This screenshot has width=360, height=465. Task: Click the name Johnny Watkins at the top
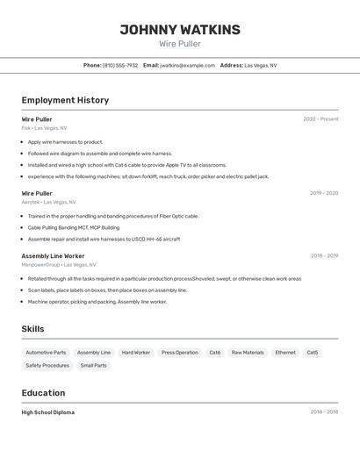tap(180, 30)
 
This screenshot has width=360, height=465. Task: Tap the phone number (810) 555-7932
tap(120, 65)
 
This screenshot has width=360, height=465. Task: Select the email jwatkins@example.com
tap(187, 65)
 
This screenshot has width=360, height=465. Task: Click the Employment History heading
tap(65, 100)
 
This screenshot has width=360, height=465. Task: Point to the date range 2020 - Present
tap(320, 119)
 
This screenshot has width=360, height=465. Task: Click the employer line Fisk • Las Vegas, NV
tap(44, 128)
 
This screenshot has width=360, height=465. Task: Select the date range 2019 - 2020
tap(324, 193)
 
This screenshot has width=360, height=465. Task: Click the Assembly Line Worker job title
tap(53, 256)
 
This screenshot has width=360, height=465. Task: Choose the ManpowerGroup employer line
tap(59, 264)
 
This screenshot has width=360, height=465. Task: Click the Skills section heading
tap(33, 329)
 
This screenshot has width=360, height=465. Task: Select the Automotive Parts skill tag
tap(46, 353)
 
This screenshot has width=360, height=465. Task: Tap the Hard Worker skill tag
tap(136, 353)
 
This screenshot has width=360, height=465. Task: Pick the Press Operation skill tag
tap(180, 353)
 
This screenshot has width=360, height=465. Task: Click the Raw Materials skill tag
tap(248, 353)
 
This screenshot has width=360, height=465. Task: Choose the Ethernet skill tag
tap(285, 353)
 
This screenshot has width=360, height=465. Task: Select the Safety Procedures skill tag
tap(47, 366)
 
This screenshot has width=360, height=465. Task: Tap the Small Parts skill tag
tap(93, 366)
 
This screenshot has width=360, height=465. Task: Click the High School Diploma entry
tap(48, 412)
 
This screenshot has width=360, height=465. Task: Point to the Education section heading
tap(44, 393)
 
